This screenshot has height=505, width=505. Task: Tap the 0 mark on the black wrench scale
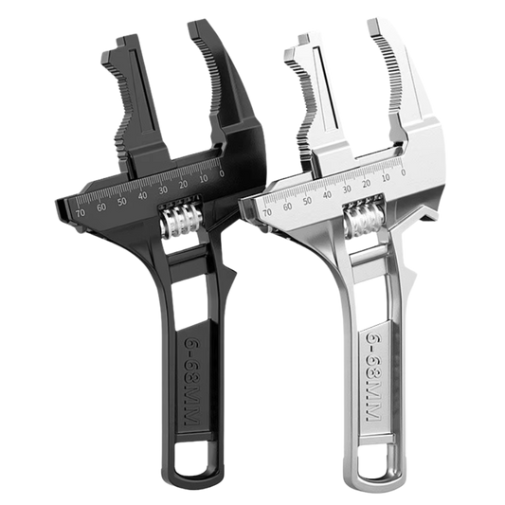(x=221, y=173)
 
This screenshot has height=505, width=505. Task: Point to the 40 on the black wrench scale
(x=142, y=196)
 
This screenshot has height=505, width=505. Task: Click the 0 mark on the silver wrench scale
(x=405, y=173)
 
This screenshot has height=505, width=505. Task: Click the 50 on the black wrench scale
(x=120, y=201)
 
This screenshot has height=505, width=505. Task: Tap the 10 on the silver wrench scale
(x=386, y=178)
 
